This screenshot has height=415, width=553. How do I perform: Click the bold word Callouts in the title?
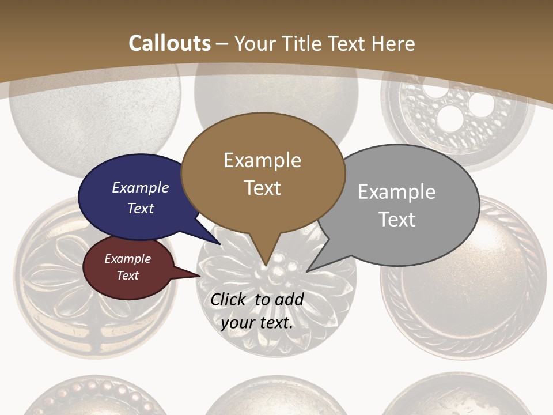[169, 43]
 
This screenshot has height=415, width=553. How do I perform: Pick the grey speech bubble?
[403, 205]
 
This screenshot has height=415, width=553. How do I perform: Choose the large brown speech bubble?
[263, 173]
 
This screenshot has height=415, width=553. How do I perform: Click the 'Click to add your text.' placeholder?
[257, 311]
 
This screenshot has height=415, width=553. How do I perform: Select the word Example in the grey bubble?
[397, 191]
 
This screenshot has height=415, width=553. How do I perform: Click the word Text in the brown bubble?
[263, 188]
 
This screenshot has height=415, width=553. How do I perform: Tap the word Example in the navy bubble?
[141, 187]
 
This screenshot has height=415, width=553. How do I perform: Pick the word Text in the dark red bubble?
[128, 276]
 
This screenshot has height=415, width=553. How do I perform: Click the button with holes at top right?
[459, 115]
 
